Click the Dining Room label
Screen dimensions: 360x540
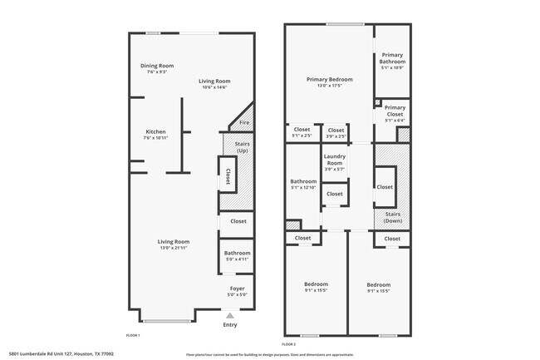(156, 66)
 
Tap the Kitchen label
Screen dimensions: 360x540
(156, 132)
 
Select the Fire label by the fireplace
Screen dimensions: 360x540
(244, 124)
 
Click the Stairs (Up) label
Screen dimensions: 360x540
(242, 147)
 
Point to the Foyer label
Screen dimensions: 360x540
(237, 289)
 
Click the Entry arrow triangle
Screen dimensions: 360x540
(230, 315)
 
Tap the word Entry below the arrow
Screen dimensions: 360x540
(230, 324)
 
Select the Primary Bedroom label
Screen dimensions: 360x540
(329, 80)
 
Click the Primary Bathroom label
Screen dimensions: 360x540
(393, 58)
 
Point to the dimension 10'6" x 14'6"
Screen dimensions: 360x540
(214, 87)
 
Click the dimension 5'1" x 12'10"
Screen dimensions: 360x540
(303, 187)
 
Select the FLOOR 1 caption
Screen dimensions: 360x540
(133, 334)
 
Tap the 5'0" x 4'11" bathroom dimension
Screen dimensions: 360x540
(237, 259)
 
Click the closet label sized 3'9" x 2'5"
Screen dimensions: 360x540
(336, 136)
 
